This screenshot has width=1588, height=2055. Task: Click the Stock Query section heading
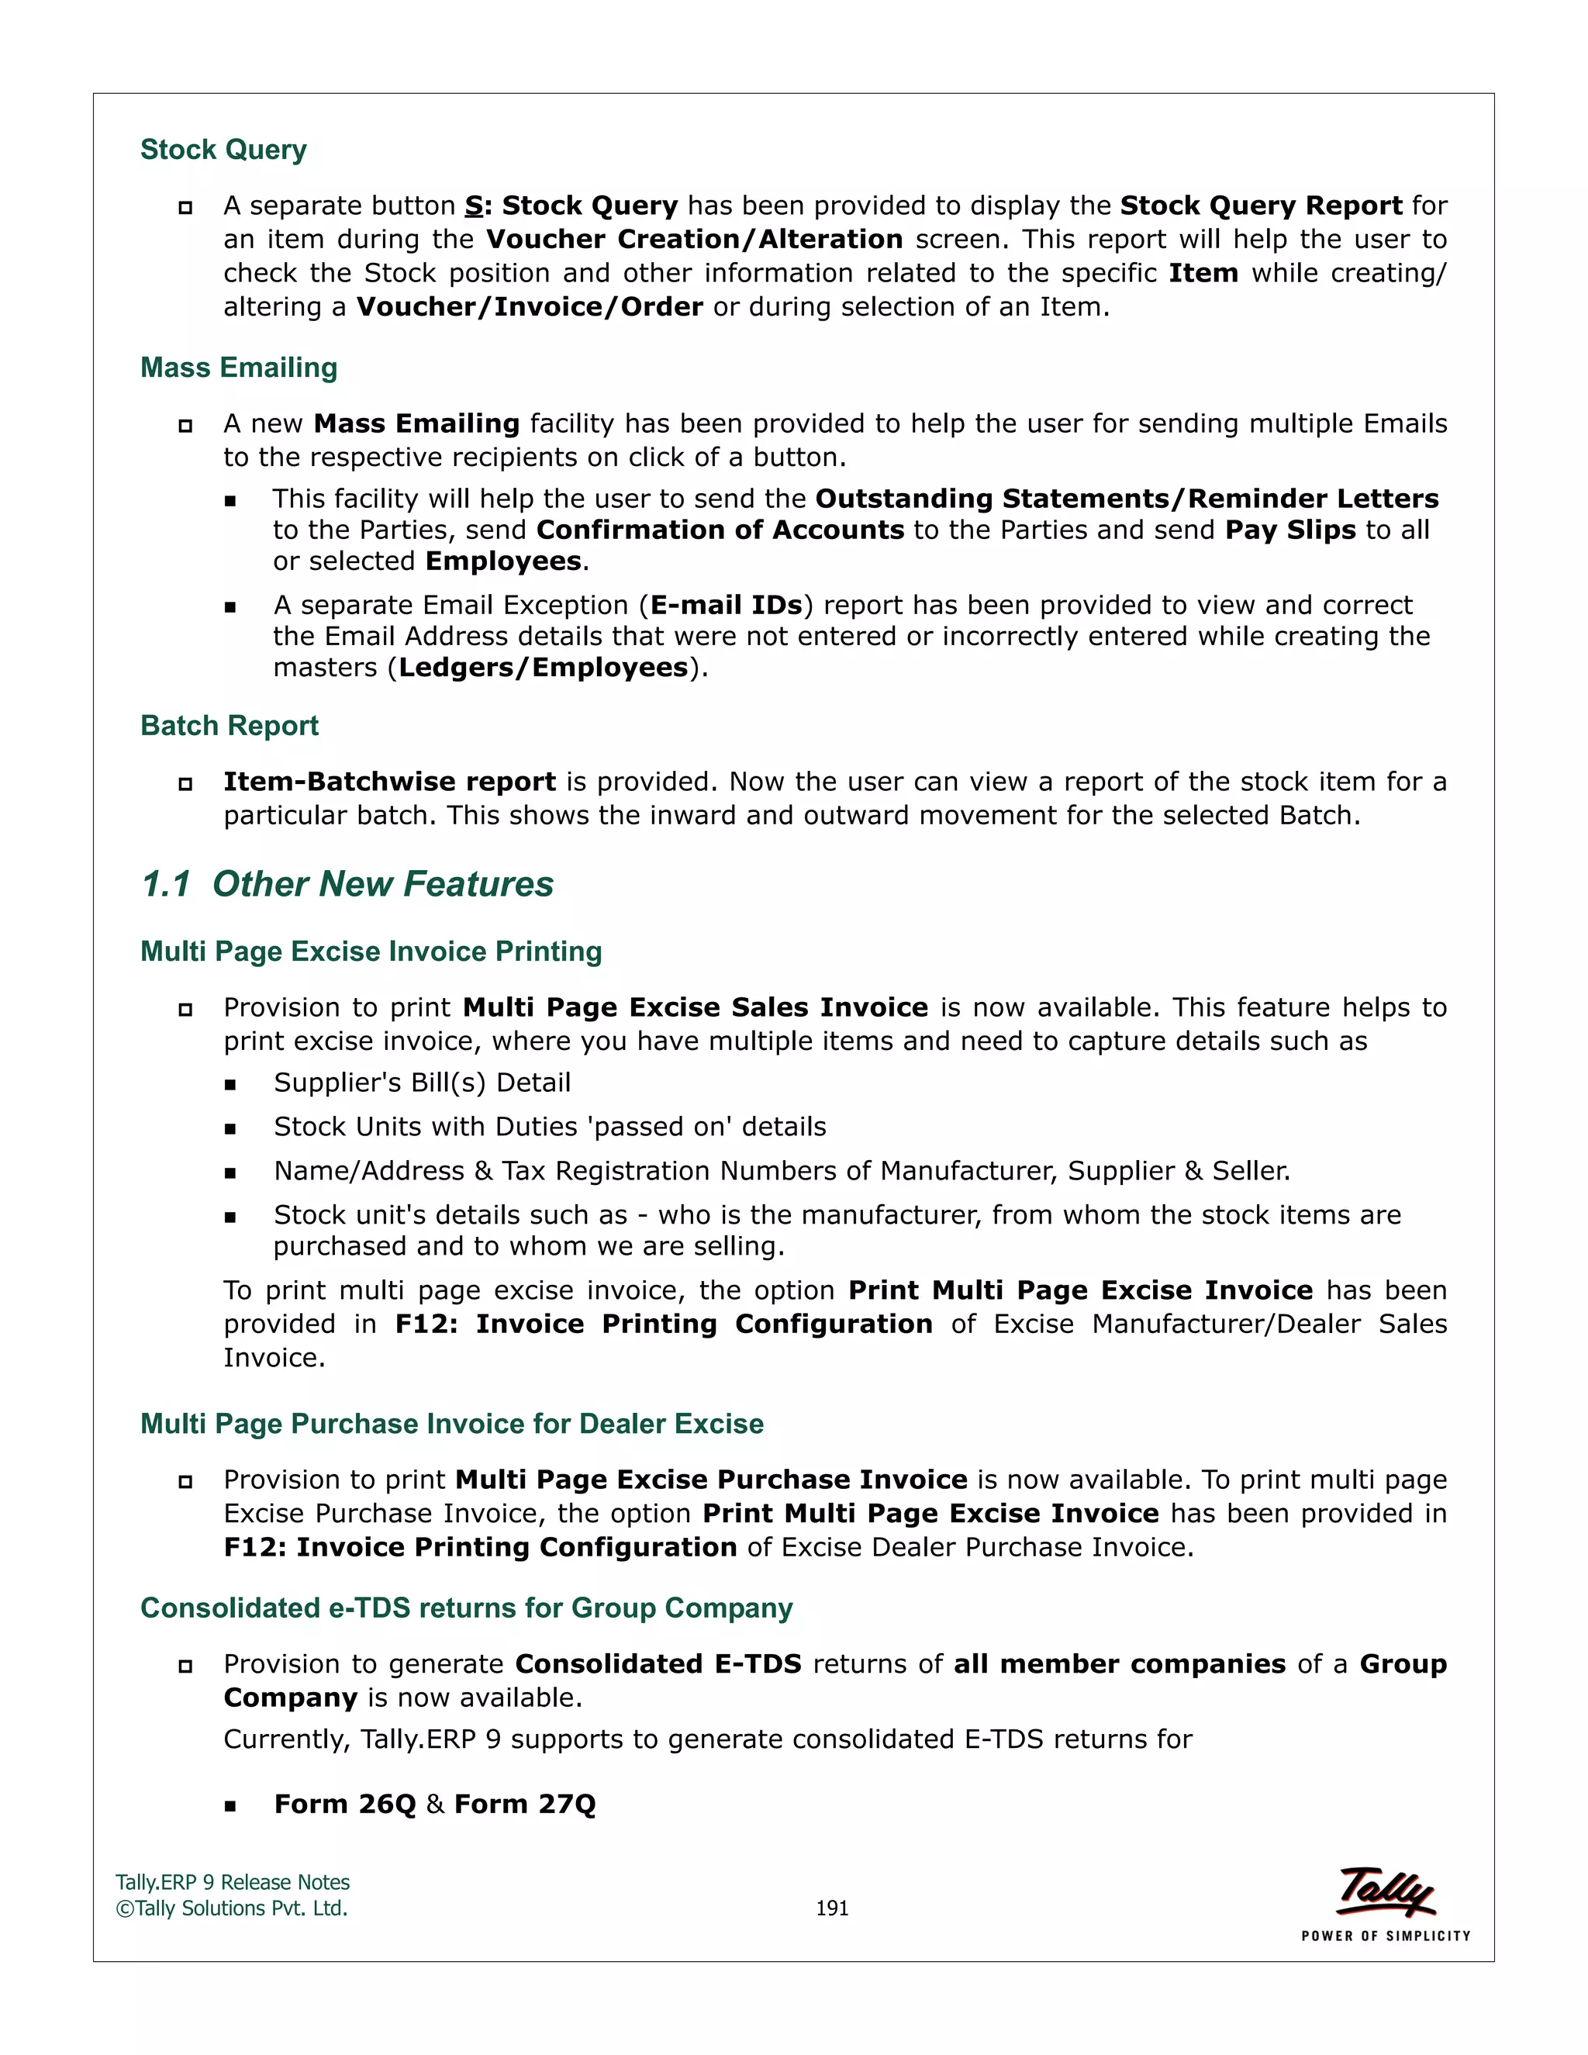223,150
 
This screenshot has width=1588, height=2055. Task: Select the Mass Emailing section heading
238,368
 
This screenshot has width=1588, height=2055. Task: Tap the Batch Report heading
229,726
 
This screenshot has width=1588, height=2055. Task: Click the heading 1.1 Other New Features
347,885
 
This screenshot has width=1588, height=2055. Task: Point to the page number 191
832,1908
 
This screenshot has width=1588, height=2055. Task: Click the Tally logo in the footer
1386,1891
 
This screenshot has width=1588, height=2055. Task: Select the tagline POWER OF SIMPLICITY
1386,1936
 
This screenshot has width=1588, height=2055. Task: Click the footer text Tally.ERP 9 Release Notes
233,1882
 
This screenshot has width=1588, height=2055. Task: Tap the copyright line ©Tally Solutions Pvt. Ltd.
231,1908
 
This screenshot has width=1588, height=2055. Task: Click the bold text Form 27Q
524,1804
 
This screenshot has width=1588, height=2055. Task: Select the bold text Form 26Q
344,1804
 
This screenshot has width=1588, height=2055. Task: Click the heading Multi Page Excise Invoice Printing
371,952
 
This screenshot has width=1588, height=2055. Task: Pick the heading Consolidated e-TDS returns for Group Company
466,1608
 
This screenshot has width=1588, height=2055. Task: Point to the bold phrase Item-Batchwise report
389,782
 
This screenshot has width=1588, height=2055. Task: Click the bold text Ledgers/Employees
543,667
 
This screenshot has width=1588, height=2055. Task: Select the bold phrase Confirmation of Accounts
720,530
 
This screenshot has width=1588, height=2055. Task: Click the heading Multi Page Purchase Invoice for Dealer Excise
451,1424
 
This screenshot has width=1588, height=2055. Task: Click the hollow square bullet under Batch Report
185,783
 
